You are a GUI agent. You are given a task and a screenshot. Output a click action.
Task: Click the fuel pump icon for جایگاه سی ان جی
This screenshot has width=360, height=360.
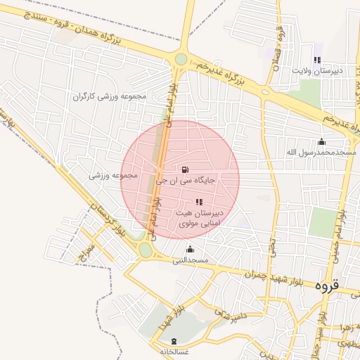tap(184, 169)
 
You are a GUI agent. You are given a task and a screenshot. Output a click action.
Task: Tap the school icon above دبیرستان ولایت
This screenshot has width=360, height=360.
tap(317, 60)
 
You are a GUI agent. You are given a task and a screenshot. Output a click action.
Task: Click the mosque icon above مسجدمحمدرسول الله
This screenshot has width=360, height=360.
tap(322, 141)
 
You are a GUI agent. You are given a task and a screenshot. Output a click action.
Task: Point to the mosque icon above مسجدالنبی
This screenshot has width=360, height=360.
tap(189, 249)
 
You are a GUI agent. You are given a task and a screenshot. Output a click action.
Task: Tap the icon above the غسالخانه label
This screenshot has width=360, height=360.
tap(173, 340)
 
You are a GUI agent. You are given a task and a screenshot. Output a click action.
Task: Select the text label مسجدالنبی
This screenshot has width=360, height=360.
tap(191, 259)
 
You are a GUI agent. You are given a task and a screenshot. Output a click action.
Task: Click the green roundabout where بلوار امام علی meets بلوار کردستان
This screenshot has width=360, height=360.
tap(146, 250)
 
